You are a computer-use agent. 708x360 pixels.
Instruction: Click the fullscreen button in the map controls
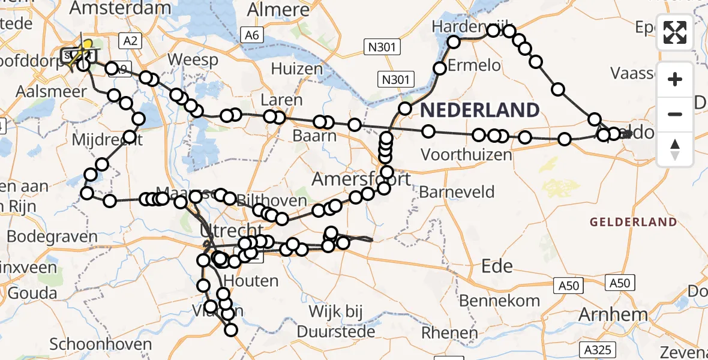(x=675, y=33)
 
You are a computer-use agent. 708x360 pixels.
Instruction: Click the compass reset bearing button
(x=675, y=149)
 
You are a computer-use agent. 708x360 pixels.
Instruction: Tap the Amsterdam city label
(x=120, y=8)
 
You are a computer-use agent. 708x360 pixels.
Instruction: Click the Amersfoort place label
(x=362, y=179)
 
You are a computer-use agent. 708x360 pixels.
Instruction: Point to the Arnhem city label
(x=613, y=314)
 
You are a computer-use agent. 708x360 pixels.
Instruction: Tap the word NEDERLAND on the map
(x=479, y=110)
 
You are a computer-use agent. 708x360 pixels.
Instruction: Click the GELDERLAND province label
(x=634, y=222)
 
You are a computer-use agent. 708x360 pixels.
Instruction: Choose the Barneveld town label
(x=457, y=193)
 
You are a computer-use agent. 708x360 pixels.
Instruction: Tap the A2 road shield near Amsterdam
(x=130, y=40)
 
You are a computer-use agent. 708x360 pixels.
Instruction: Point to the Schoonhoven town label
(x=100, y=344)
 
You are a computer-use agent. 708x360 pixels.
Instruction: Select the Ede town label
(x=497, y=266)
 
